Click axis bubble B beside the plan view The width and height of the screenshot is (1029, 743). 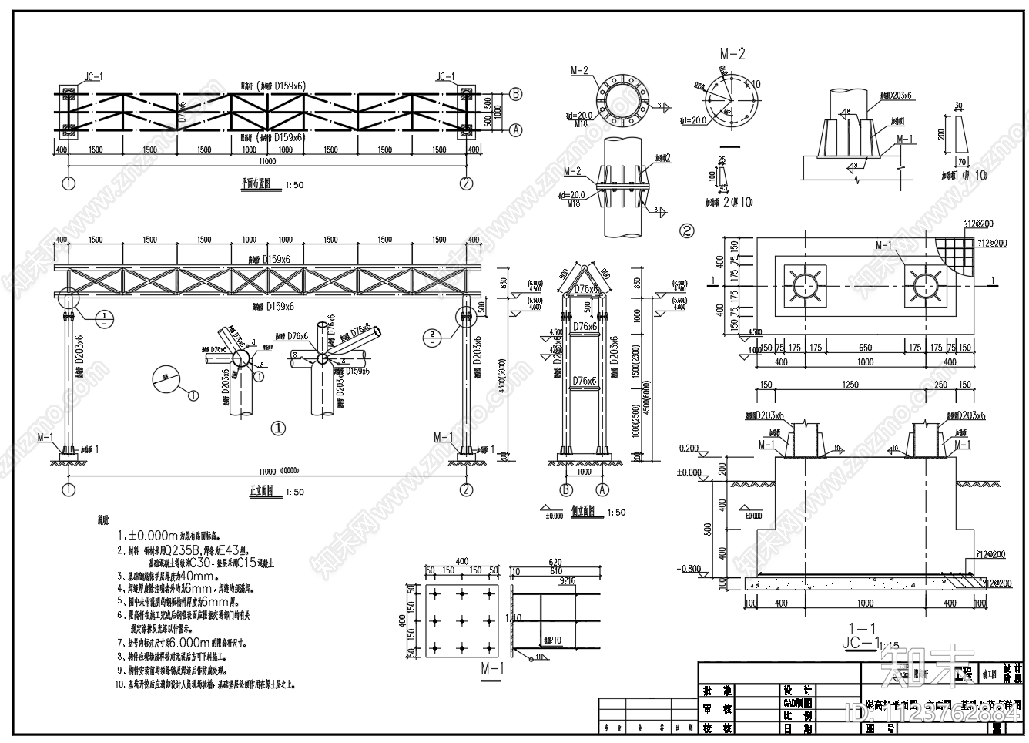pyautogui.click(x=516, y=93)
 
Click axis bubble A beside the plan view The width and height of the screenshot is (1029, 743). pyautogui.click(x=516, y=130)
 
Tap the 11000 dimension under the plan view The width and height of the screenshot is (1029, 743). pyautogui.click(x=266, y=162)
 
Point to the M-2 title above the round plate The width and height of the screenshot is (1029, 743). pyautogui.click(x=732, y=54)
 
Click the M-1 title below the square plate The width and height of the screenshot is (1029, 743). pyautogui.click(x=491, y=668)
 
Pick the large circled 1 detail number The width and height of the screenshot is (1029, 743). pyautogui.click(x=279, y=428)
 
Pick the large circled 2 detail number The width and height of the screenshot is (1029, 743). pyautogui.click(x=686, y=230)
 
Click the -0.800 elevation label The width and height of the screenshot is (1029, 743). pyautogui.click(x=689, y=570)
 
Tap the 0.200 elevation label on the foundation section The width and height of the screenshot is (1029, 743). pyautogui.click(x=689, y=448)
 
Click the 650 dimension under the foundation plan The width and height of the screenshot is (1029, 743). pyautogui.click(x=865, y=348)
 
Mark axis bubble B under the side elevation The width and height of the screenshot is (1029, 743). pyautogui.click(x=566, y=489)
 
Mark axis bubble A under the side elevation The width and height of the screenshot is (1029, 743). pyautogui.click(x=603, y=489)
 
